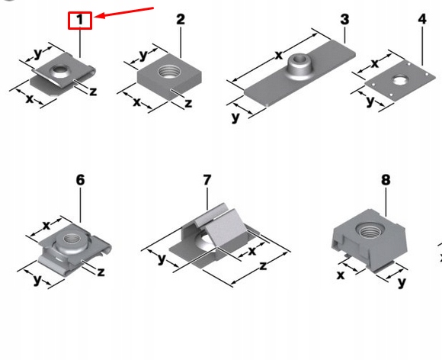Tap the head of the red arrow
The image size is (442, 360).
[95, 17]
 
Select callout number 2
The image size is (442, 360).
[181, 20]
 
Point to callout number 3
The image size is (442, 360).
[344, 20]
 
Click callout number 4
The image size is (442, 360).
[422, 19]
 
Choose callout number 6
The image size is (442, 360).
[80, 180]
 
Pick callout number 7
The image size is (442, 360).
[207, 180]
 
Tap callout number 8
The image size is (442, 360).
[386, 180]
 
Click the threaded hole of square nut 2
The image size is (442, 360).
[169, 72]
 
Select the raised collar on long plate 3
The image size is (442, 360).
[299, 67]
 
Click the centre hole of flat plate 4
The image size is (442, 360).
[399, 80]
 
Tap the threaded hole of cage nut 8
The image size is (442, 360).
[370, 230]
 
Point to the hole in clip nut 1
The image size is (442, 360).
[59, 72]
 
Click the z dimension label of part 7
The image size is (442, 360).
[263, 265]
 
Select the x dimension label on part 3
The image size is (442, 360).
[278, 56]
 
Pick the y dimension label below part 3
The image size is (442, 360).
[235, 117]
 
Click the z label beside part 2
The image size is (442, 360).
[188, 103]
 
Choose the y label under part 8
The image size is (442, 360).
[402, 282]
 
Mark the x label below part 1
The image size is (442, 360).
[29, 99]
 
